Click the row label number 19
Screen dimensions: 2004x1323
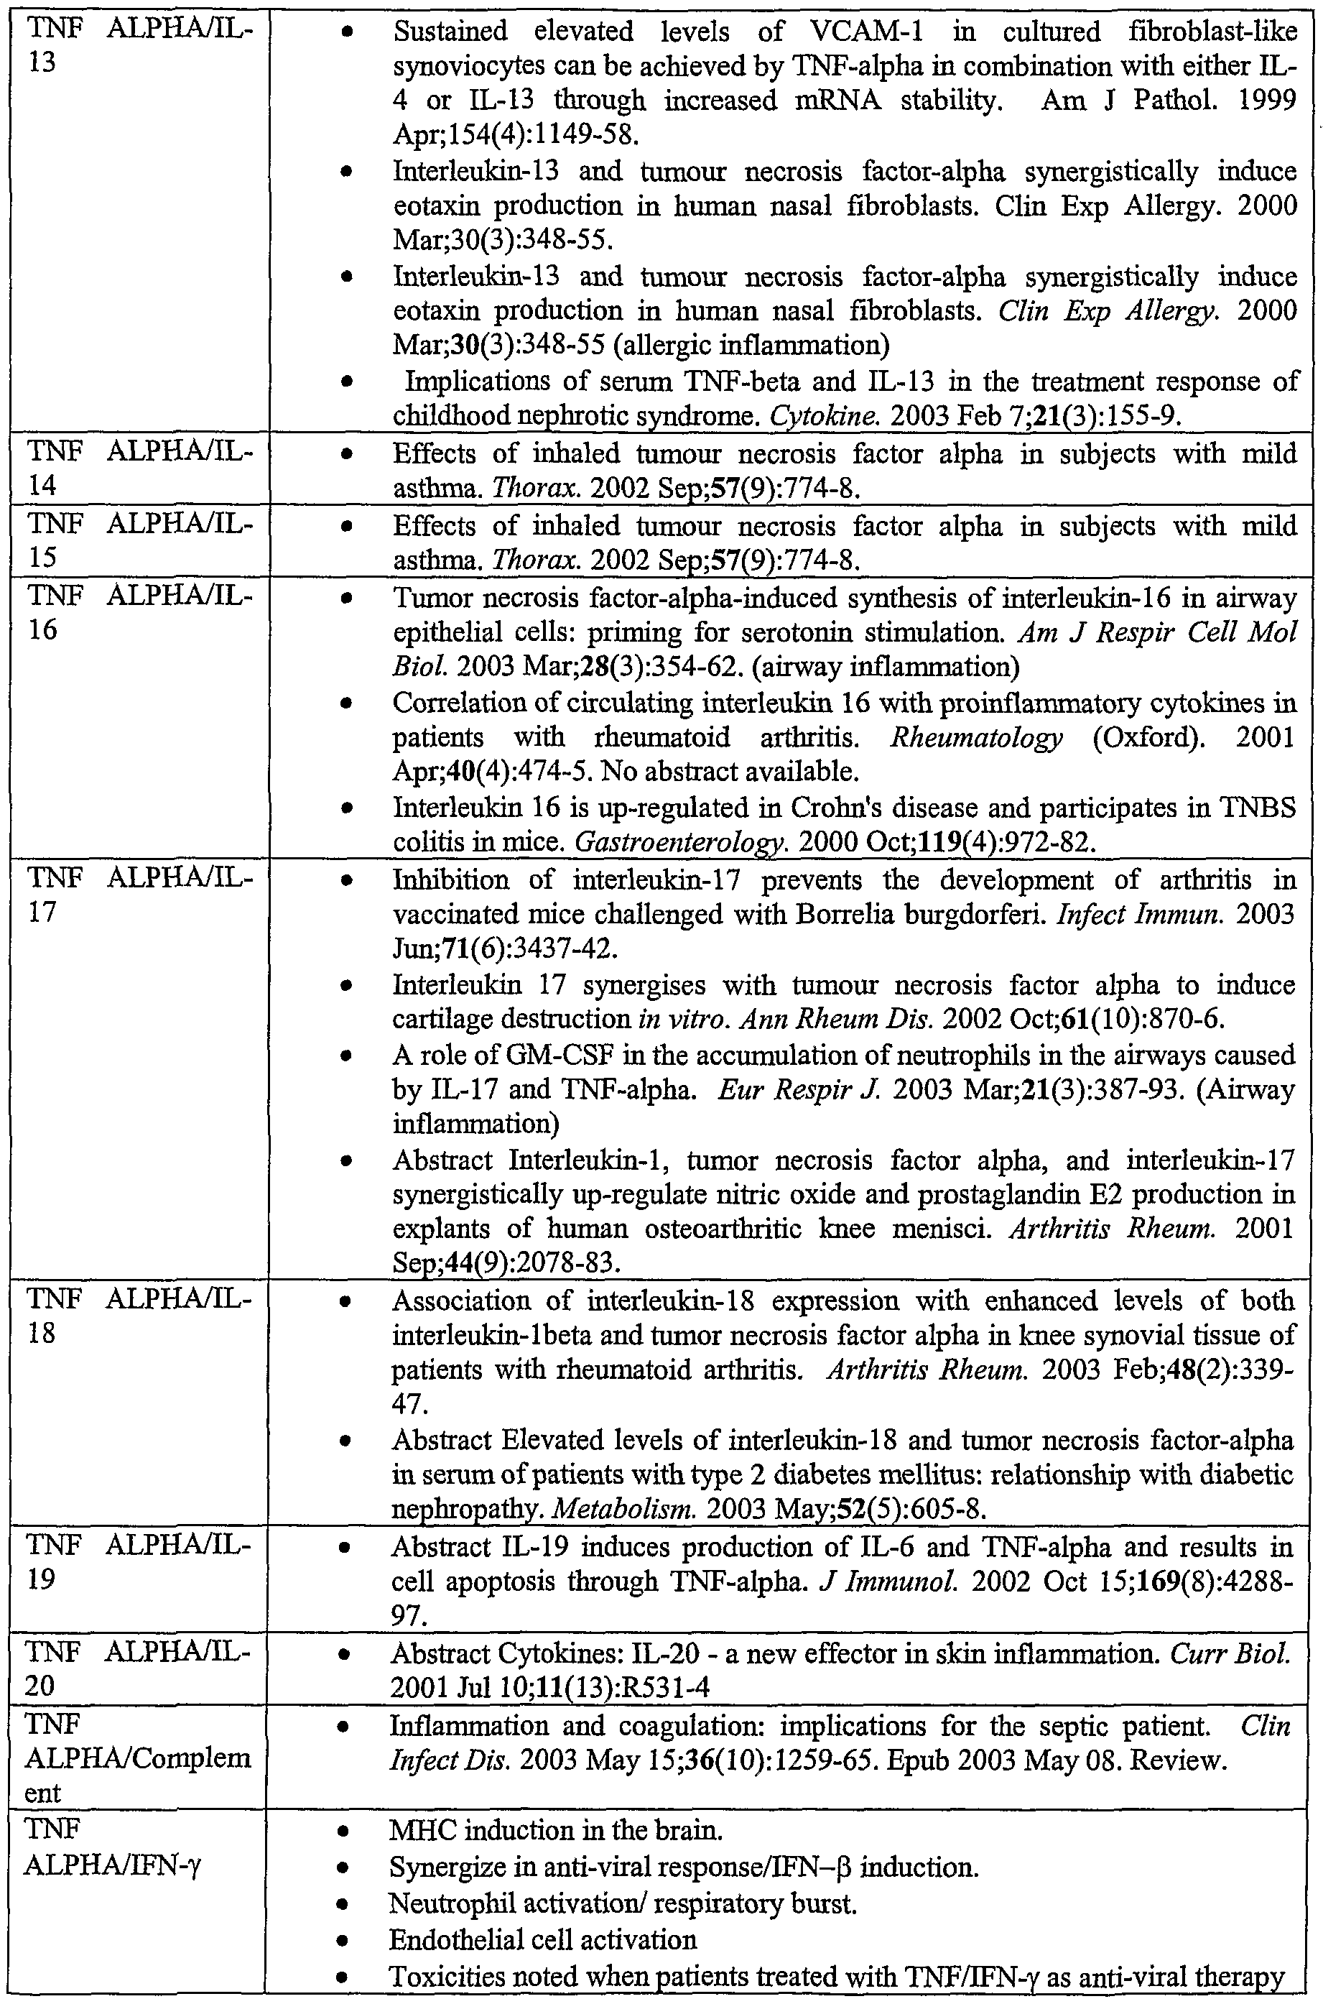point(42,1579)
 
